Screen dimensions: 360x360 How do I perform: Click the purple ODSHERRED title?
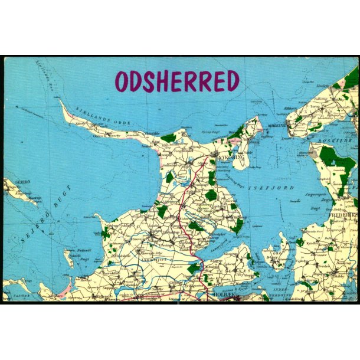pyautogui.click(x=177, y=81)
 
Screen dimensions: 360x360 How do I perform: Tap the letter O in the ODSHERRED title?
pyautogui.click(x=123, y=82)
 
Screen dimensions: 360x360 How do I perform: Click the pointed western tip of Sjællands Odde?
pyautogui.click(x=61, y=102)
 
